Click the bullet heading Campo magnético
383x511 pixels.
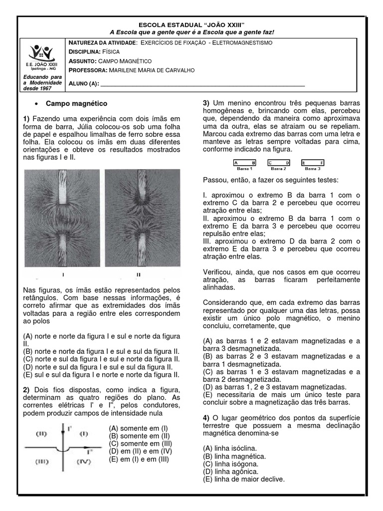point(76,103)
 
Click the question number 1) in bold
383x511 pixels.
point(26,119)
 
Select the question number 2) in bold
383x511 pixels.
point(26,389)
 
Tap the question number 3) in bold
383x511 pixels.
point(206,103)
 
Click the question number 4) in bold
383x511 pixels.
point(206,417)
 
